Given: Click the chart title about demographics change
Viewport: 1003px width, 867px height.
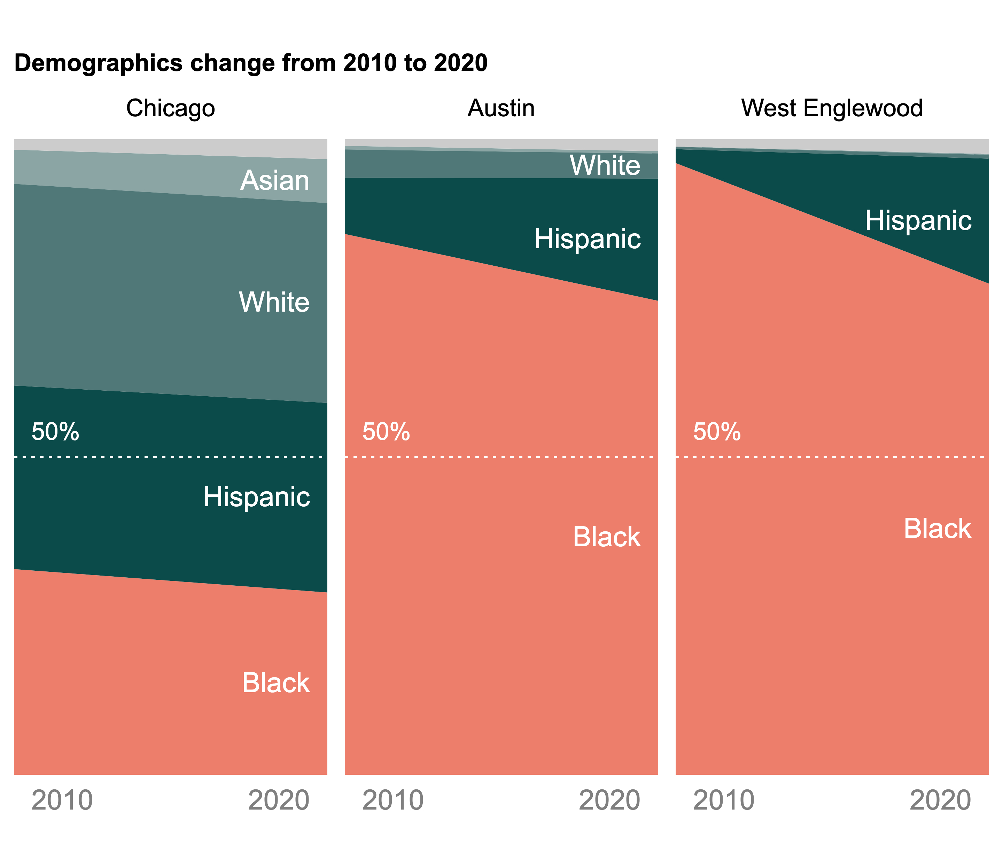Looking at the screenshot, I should [x=251, y=63].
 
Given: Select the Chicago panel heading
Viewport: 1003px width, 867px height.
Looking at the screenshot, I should [x=170, y=108].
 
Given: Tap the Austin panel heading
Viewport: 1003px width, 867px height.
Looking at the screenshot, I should [x=501, y=108].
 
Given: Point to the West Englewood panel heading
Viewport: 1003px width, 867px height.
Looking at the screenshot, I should [x=832, y=108].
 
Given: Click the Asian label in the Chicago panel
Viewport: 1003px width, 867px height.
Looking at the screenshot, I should [x=274, y=181].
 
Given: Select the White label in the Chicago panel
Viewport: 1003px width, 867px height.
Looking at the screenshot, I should [x=274, y=302].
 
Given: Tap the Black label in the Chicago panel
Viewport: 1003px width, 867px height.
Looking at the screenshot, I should [x=275, y=683].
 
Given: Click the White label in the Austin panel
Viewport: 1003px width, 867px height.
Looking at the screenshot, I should [x=605, y=165].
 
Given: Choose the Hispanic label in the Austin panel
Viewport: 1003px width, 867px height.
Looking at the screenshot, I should [x=588, y=239].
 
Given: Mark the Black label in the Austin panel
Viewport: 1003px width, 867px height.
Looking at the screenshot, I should [x=607, y=537].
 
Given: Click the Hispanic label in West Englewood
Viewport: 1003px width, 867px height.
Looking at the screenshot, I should [x=918, y=221].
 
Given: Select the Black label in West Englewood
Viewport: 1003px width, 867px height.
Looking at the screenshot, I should [x=937, y=529].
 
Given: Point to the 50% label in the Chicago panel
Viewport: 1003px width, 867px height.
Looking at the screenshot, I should [x=55, y=431].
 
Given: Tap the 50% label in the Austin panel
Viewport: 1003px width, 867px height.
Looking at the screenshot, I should [x=386, y=431].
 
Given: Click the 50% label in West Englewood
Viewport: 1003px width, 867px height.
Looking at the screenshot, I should [x=716, y=431].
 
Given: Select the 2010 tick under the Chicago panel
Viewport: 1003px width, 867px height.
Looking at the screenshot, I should [x=62, y=800].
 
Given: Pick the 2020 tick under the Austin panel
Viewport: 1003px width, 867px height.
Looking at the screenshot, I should [x=609, y=800].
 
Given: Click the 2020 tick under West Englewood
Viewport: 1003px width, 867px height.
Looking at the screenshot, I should [x=940, y=800].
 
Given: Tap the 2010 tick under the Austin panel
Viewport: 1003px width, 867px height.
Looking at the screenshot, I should [x=392, y=800].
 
